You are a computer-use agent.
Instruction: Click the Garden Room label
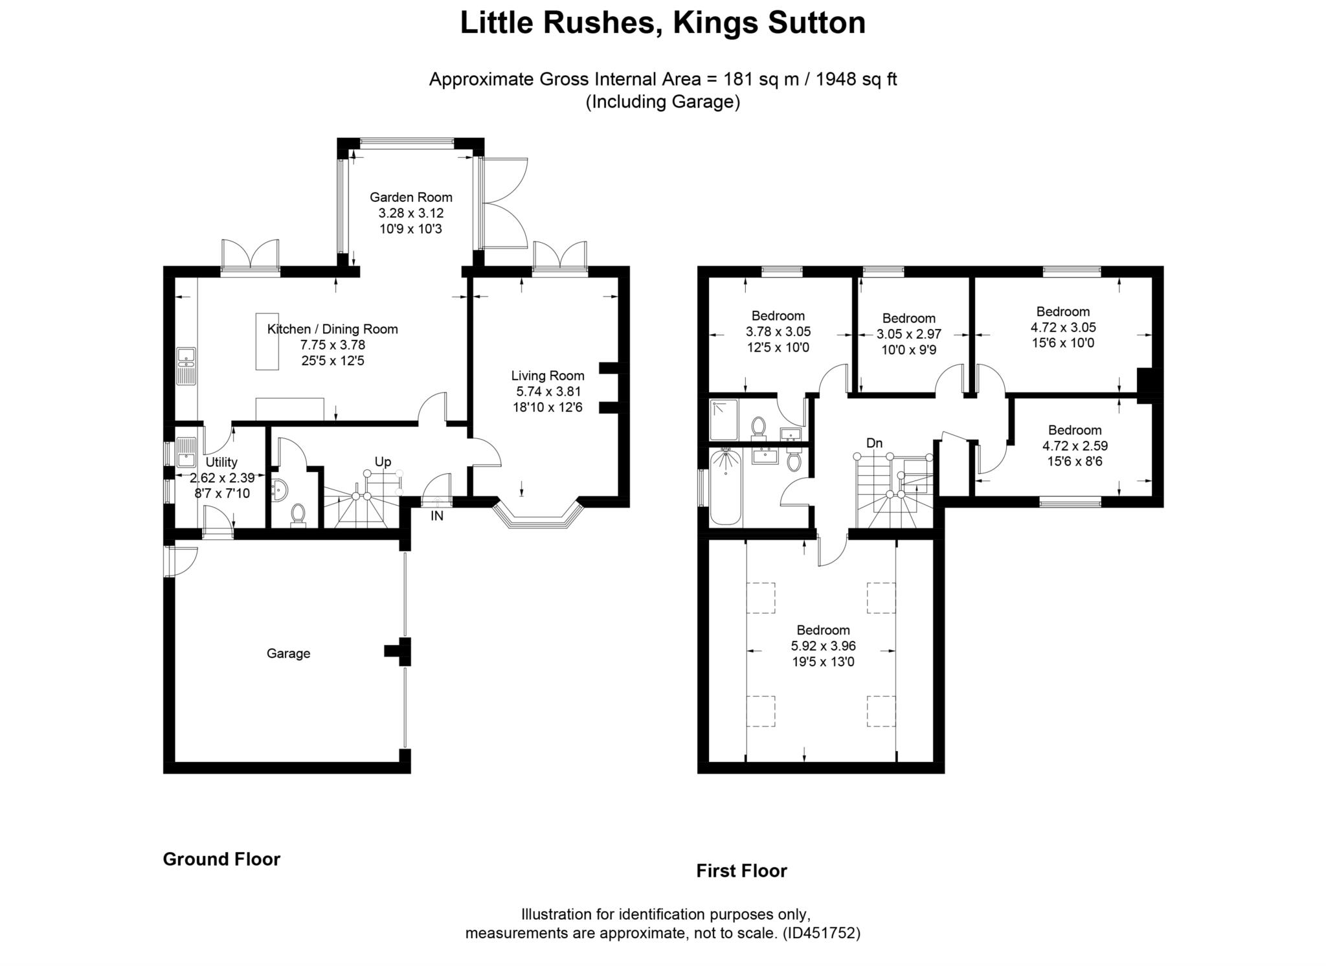pyautogui.click(x=410, y=197)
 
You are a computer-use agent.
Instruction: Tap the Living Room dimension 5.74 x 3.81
pyautogui.click(x=548, y=392)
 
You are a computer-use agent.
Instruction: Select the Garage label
pyautogui.click(x=288, y=654)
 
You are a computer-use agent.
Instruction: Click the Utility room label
pyautogui.click(x=221, y=462)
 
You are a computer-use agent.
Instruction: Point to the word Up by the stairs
pyautogui.click(x=383, y=462)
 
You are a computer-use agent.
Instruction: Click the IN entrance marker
pyautogui.click(x=437, y=516)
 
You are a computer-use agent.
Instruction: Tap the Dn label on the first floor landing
pyautogui.click(x=874, y=443)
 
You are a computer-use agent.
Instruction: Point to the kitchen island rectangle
pyautogui.click(x=267, y=341)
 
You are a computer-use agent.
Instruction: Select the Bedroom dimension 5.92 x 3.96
pyautogui.click(x=823, y=646)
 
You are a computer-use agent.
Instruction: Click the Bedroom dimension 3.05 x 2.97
pyautogui.click(x=908, y=335)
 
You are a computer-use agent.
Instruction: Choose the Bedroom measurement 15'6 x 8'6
pyautogui.click(x=1075, y=462)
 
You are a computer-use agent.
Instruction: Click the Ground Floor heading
pyautogui.click(x=221, y=859)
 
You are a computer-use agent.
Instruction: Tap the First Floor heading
pyautogui.click(x=741, y=871)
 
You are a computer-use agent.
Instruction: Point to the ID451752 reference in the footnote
pyautogui.click(x=821, y=934)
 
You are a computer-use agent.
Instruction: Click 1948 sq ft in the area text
pyautogui.click(x=856, y=80)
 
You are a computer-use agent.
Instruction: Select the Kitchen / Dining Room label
pyautogui.click(x=332, y=329)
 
